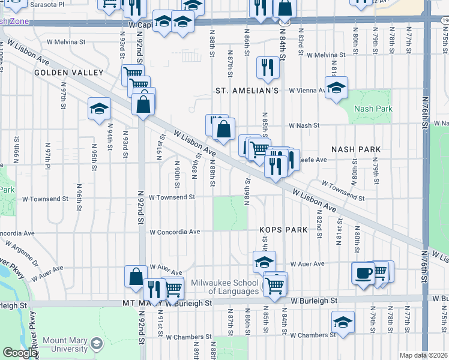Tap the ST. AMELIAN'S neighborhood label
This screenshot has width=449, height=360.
247,91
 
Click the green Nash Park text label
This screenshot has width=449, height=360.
373,109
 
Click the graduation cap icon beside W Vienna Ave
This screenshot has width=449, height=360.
337,87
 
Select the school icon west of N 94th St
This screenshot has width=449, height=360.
99,109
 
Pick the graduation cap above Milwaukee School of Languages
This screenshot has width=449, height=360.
264,262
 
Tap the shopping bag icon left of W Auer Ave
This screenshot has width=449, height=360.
136,277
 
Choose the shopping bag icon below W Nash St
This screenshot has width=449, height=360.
223,129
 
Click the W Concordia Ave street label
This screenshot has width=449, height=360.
175,232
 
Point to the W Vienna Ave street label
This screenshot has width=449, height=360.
307,91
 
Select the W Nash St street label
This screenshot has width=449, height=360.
303,126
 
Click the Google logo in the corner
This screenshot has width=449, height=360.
20,353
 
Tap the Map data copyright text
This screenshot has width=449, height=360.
423,355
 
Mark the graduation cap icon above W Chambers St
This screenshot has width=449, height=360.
343,322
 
